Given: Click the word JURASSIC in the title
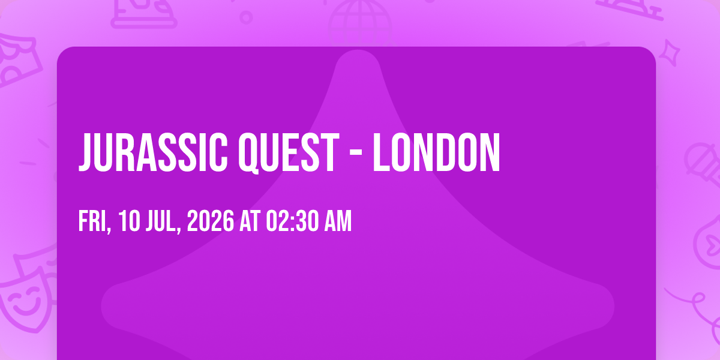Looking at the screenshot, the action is click(x=153, y=152).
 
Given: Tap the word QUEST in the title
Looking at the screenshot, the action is click(x=289, y=153).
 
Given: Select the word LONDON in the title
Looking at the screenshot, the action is click(x=436, y=152).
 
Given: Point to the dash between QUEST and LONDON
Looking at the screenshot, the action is click(x=356, y=154).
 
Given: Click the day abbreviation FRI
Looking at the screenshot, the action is click(x=94, y=221).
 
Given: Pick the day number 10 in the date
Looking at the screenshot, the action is click(x=129, y=221).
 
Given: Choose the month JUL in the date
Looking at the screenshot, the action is click(x=163, y=221).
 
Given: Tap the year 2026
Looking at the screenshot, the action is click(x=211, y=221).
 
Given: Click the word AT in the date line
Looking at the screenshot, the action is click(x=250, y=221).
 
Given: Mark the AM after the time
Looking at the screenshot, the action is click(x=338, y=221).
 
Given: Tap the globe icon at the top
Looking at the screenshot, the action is click(x=360, y=23).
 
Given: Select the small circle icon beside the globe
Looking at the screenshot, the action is click(x=246, y=17).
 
